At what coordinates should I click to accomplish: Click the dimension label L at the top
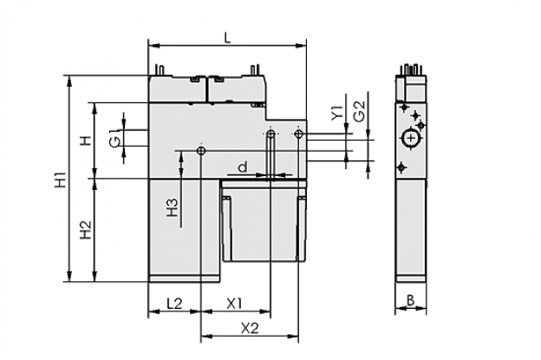pyautogui.click(x=226, y=37)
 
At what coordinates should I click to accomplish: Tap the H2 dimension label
pyautogui.click(x=86, y=230)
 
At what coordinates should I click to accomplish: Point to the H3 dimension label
pyautogui.click(x=173, y=207)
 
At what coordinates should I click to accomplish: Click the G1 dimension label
pyautogui.click(x=115, y=138)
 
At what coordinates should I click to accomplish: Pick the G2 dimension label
pyautogui.click(x=360, y=111)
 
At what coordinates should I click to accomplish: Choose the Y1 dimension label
pyautogui.click(x=337, y=113)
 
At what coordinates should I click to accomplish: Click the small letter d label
pyautogui.click(x=244, y=167)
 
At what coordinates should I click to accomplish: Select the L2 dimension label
pyautogui.click(x=174, y=304)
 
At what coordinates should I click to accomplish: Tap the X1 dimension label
pyautogui.click(x=234, y=304)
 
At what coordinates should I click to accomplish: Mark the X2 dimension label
pyautogui.click(x=250, y=328)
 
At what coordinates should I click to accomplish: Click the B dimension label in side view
pyautogui.click(x=410, y=301)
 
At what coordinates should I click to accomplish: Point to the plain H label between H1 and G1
pyautogui.click(x=86, y=141)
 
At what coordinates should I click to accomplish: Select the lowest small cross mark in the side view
pyautogui.click(x=401, y=167)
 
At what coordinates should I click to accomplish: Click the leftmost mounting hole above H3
pyautogui.click(x=201, y=151)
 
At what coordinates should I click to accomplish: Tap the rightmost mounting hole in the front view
pyautogui.click(x=299, y=134)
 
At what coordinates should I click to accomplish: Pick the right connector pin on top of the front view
pyautogui.click(x=255, y=69)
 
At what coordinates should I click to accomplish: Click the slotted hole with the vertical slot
pyautogui.click(x=270, y=155)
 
